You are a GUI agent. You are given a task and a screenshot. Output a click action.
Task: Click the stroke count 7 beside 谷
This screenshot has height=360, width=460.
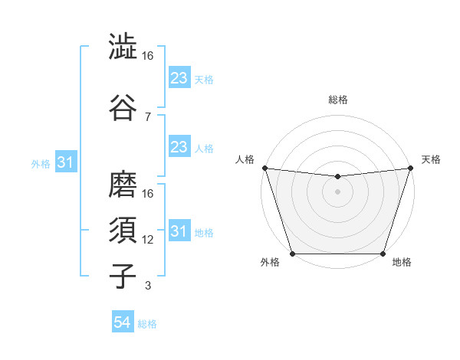click(x=147, y=116)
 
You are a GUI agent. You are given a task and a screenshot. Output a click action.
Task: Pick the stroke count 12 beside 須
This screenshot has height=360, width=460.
click(x=148, y=240)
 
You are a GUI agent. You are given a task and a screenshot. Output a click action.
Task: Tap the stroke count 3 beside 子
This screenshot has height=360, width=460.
click(x=147, y=286)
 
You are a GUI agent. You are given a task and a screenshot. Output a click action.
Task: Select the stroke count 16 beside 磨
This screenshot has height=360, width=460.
click(x=148, y=194)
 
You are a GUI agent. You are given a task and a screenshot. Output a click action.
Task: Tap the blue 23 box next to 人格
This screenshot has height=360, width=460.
click(x=179, y=147)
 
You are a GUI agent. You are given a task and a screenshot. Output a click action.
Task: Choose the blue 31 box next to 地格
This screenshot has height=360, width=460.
click(x=179, y=231)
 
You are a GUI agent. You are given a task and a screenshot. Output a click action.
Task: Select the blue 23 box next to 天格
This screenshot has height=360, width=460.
click(x=179, y=78)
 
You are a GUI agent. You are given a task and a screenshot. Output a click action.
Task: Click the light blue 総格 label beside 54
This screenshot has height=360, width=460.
click(x=147, y=324)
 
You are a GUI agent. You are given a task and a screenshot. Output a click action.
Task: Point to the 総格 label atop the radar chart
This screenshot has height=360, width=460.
click(x=338, y=100)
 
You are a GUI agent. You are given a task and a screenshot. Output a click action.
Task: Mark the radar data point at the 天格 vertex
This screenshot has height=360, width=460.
click(x=411, y=168)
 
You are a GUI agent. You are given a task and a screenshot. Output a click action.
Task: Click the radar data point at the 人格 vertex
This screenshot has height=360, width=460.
click(x=264, y=168)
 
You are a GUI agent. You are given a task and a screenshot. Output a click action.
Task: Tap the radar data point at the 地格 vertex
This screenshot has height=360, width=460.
click(x=383, y=253)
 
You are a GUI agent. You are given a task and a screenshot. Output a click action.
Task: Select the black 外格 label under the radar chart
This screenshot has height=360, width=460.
click(x=270, y=263)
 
